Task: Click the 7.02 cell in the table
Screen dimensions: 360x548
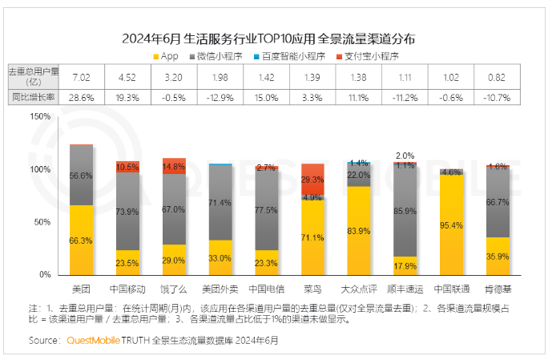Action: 81,77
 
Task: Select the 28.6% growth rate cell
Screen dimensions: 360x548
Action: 81,96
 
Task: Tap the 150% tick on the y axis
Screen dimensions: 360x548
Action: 40,116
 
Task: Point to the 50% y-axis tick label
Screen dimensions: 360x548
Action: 42,221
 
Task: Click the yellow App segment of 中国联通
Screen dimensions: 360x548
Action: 451,224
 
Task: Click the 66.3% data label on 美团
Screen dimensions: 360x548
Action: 81,241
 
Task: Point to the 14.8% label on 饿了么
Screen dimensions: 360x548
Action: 174,168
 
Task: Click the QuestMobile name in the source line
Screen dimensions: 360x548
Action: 91,341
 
